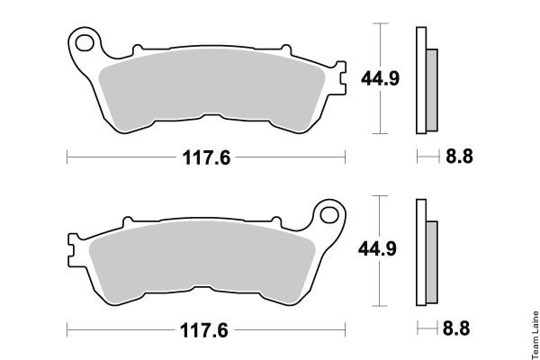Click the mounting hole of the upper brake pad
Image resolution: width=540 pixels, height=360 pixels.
coord(85,43)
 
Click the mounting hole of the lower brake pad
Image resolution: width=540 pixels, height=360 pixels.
coord(329,215)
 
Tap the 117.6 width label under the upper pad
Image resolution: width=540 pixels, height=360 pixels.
coord(206,157)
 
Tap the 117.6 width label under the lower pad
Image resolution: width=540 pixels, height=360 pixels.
coord(204,330)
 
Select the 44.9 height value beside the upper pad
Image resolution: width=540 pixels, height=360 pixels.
coord(380,78)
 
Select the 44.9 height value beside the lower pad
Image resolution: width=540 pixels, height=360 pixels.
coord(377,248)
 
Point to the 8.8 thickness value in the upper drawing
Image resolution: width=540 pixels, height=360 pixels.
coord(459,156)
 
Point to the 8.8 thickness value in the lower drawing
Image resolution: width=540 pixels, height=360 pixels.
coord(456,328)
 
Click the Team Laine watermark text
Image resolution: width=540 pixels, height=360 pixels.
coord(535,335)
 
